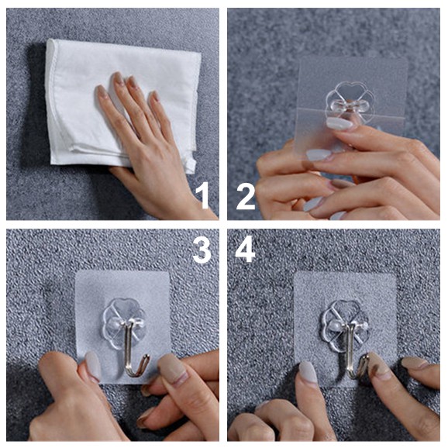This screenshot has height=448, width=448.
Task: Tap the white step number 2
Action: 246,197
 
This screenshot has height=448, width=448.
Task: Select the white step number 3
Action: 202,250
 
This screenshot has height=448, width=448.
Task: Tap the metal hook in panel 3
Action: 134,351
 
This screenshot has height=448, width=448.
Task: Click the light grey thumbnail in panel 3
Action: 92,366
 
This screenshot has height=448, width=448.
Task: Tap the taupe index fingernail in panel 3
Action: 172,369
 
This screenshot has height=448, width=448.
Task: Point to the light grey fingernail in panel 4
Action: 308,372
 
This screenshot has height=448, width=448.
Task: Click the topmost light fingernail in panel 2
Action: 339,123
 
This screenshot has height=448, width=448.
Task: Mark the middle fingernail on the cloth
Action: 119,78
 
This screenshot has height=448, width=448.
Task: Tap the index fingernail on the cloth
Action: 102,91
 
